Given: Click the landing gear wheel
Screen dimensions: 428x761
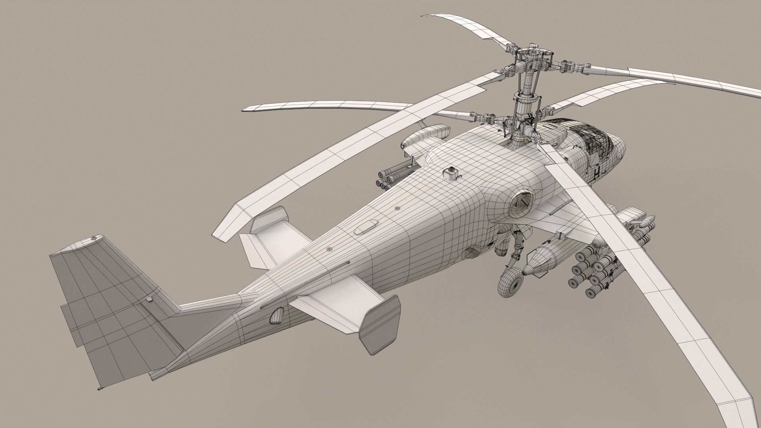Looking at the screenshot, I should pyautogui.click(x=509, y=286).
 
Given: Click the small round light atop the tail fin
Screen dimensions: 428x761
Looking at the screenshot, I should pyautogui.click(x=94, y=238).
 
